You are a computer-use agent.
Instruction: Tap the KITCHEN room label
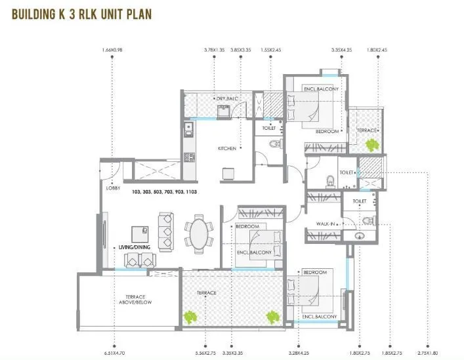click(227, 149)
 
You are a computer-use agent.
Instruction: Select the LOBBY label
click(112, 188)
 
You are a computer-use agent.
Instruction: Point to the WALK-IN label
click(326, 225)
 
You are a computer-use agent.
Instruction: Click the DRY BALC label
click(226, 99)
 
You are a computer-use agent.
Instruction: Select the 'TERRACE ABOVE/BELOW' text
click(129, 299)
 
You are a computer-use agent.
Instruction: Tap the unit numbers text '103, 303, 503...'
click(165, 192)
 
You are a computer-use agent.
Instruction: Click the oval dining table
click(198, 234)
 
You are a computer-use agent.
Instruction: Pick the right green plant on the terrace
click(270, 317)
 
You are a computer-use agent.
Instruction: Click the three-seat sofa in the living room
click(166, 228)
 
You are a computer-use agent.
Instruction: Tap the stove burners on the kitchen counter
click(190, 157)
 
